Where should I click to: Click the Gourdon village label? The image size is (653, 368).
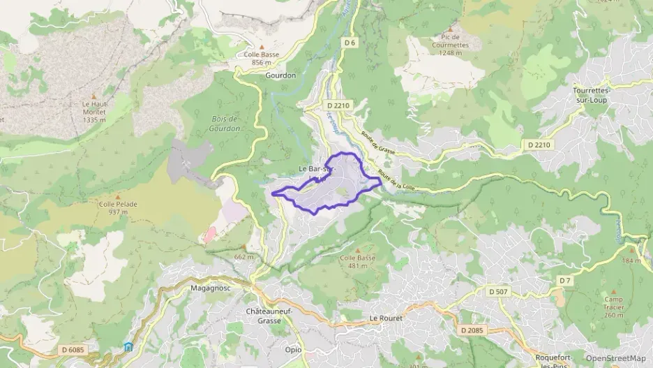[280, 75]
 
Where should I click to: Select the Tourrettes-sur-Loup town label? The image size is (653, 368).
[592, 95]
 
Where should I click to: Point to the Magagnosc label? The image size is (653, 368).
[210, 287]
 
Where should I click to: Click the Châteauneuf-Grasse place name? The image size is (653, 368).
[263, 316]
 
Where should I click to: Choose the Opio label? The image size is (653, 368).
[293, 349]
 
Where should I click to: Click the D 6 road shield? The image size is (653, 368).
[350, 43]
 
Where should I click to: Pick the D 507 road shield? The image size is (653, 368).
[497, 291]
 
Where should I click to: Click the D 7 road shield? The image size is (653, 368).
[564, 280]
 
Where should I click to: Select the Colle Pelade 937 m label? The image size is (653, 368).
[113, 208]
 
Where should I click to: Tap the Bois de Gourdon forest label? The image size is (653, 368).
[225, 124]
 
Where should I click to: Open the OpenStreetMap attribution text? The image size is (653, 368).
[615, 358]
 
